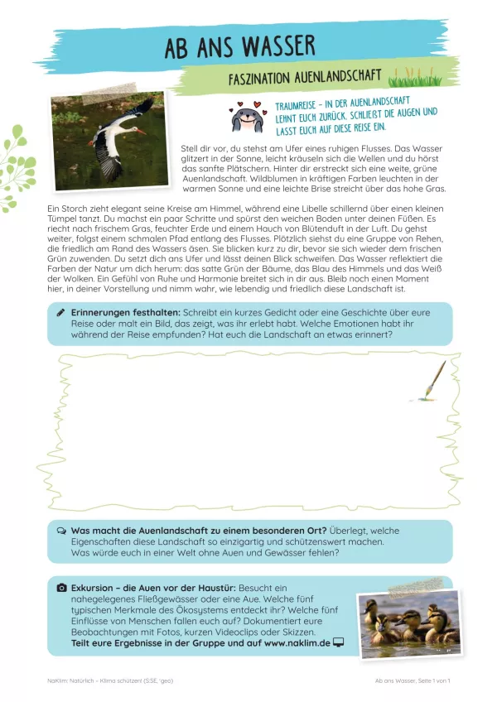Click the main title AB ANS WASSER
[x=239, y=47]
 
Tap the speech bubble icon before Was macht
[x=61, y=530]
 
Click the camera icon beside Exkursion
[x=61, y=587]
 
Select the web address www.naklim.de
[x=297, y=642]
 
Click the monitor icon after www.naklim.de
[x=339, y=642]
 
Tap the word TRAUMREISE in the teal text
[x=300, y=108]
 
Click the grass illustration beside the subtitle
[x=417, y=79]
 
